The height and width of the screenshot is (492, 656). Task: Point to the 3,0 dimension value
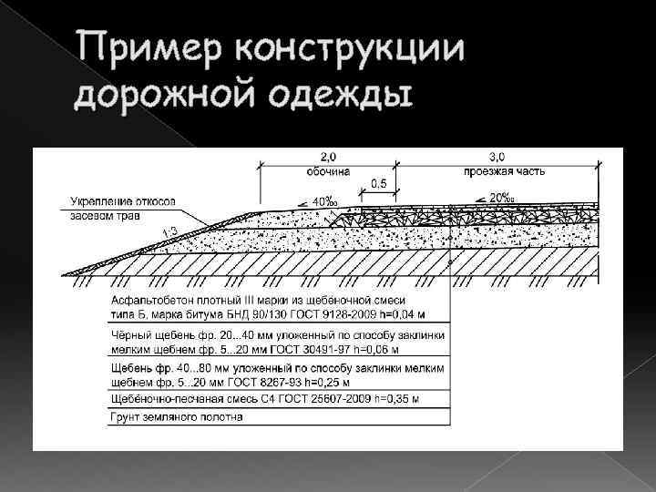tap(499, 158)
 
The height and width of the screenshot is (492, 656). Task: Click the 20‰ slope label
tap(499, 198)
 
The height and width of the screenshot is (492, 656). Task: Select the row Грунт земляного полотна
tap(177, 417)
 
